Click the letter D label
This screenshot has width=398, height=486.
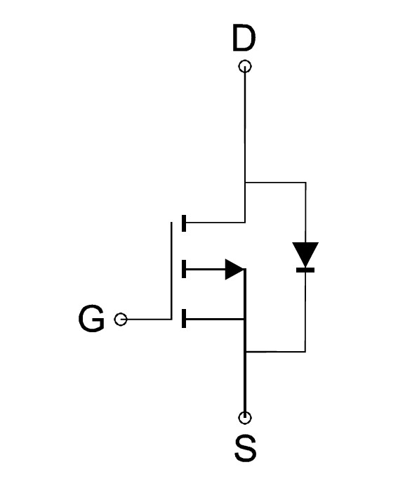pos(244,38)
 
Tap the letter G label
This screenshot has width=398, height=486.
pos(91,319)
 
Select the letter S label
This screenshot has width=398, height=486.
pos(245,448)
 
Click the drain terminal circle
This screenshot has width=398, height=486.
pos(245,66)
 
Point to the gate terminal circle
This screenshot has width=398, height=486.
pos(121,320)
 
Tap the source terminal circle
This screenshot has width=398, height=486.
pos(245,418)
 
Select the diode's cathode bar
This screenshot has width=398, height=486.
pos(305,270)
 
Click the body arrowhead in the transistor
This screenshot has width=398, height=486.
pos(235,270)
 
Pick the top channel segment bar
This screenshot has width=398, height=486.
pos(184,223)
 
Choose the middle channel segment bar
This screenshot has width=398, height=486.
pos(184,269)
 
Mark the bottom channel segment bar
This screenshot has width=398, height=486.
pos(184,318)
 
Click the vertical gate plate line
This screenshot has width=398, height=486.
pos(171,270)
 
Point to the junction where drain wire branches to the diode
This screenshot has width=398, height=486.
pos(245,183)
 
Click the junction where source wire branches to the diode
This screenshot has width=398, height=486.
pos(245,352)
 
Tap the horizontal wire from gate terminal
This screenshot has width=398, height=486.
pos(149,319)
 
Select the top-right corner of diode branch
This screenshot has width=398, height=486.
pos(306,183)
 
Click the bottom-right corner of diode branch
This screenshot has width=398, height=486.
pos(305,351)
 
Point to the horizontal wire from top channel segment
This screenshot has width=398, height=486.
pos(215,223)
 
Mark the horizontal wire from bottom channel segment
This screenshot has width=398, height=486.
pos(215,319)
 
